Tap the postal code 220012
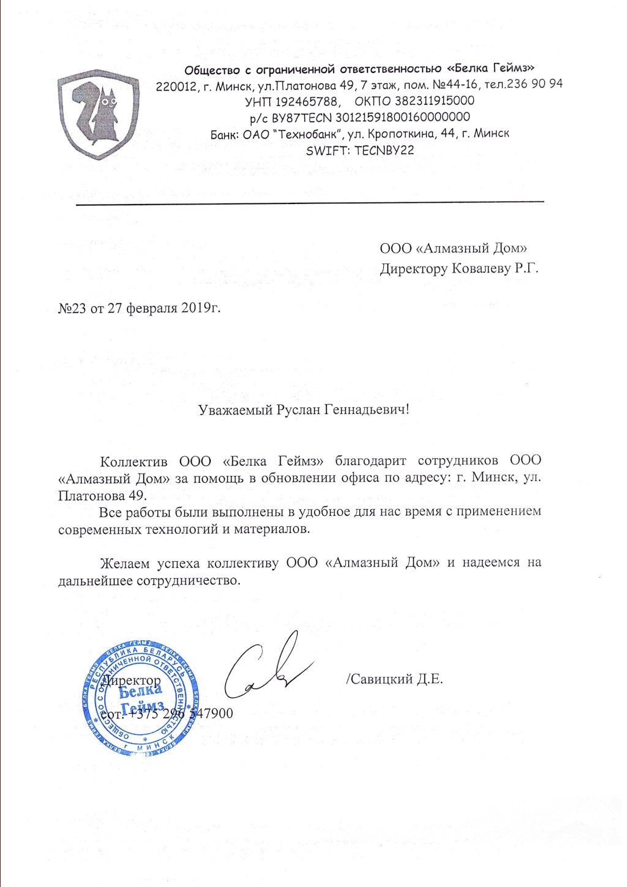[x=175, y=85]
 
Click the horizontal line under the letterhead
[x=309, y=202]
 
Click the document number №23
[x=72, y=307]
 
